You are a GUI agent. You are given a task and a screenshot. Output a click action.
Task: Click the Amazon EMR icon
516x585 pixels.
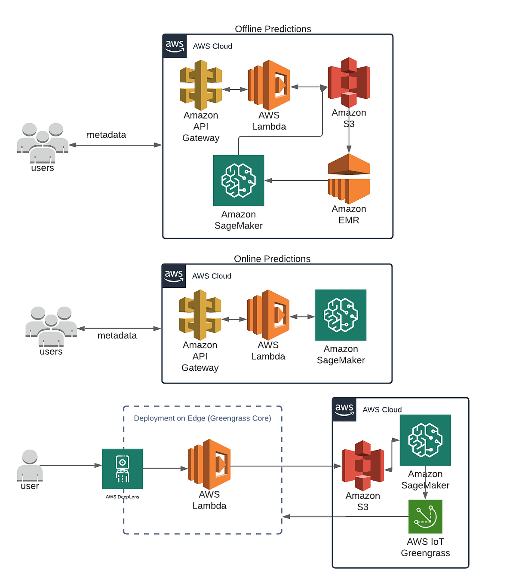click(349, 179)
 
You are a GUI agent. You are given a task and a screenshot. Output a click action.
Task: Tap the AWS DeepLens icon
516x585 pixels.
click(123, 469)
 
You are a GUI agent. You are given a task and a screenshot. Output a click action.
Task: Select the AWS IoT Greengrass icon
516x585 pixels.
click(425, 517)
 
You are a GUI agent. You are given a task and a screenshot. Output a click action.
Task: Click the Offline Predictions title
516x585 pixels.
click(273, 29)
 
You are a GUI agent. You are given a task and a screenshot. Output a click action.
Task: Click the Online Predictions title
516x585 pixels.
click(272, 259)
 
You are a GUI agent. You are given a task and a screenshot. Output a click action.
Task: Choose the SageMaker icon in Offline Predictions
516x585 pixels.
click(239, 180)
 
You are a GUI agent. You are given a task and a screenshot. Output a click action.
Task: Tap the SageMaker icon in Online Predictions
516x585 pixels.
click(341, 315)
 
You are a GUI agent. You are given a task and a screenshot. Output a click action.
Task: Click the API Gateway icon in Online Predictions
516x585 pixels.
click(200, 315)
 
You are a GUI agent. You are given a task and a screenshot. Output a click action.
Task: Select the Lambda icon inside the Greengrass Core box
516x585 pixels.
click(209, 464)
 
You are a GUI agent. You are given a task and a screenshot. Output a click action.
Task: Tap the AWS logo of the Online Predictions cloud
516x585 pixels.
click(174, 276)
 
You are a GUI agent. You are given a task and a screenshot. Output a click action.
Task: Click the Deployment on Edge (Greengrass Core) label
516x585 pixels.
click(202, 418)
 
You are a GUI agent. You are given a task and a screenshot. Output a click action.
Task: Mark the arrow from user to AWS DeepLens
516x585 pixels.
click(71, 465)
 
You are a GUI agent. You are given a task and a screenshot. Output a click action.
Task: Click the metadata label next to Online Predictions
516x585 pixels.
click(117, 335)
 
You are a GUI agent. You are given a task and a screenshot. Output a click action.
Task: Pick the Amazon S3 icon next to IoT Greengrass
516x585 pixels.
click(362, 466)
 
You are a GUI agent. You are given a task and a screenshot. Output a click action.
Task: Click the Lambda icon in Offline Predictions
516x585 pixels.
click(269, 85)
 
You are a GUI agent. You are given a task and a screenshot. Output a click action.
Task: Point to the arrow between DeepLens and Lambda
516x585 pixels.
click(165, 469)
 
